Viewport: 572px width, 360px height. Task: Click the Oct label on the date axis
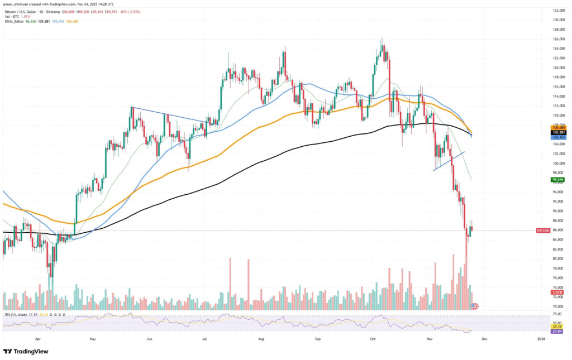pyautogui.click(x=374, y=338)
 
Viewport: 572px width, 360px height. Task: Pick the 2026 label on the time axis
pyautogui.click(x=541, y=338)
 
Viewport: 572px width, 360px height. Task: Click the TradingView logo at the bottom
pyautogui.click(x=26, y=352)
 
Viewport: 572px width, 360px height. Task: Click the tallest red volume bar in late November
pyautogui.click(x=466, y=279)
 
